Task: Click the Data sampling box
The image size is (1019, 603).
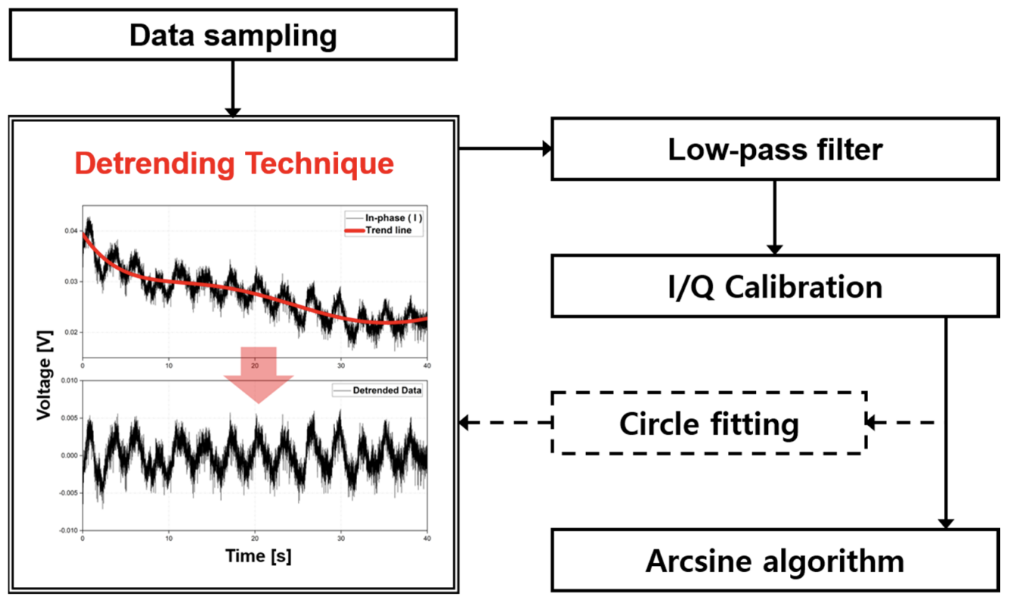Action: pyautogui.click(x=233, y=35)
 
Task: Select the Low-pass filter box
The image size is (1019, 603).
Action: pyautogui.click(x=774, y=149)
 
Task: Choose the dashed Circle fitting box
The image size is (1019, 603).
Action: pyautogui.click(x=709, y=423)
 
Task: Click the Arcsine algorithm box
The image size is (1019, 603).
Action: pyautogui.click(x=774, y=561)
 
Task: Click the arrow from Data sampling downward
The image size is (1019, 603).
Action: pyautogui.click(x=233, y=88)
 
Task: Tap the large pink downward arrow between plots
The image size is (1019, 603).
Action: pyautogui.click(x=259, y=373)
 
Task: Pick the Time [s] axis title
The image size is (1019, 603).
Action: pyautogui.click(x=258, y=555)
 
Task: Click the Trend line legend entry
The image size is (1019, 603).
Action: pyautogui.click(x=388, y=230)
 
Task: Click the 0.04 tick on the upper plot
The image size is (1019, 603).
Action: pyautogui.click(x=70, y=231)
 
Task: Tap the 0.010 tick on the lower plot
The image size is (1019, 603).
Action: pyautogui.click(x=67, y=381)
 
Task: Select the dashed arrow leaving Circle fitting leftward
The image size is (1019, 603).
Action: pyautogui.click(x=505, y=423)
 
